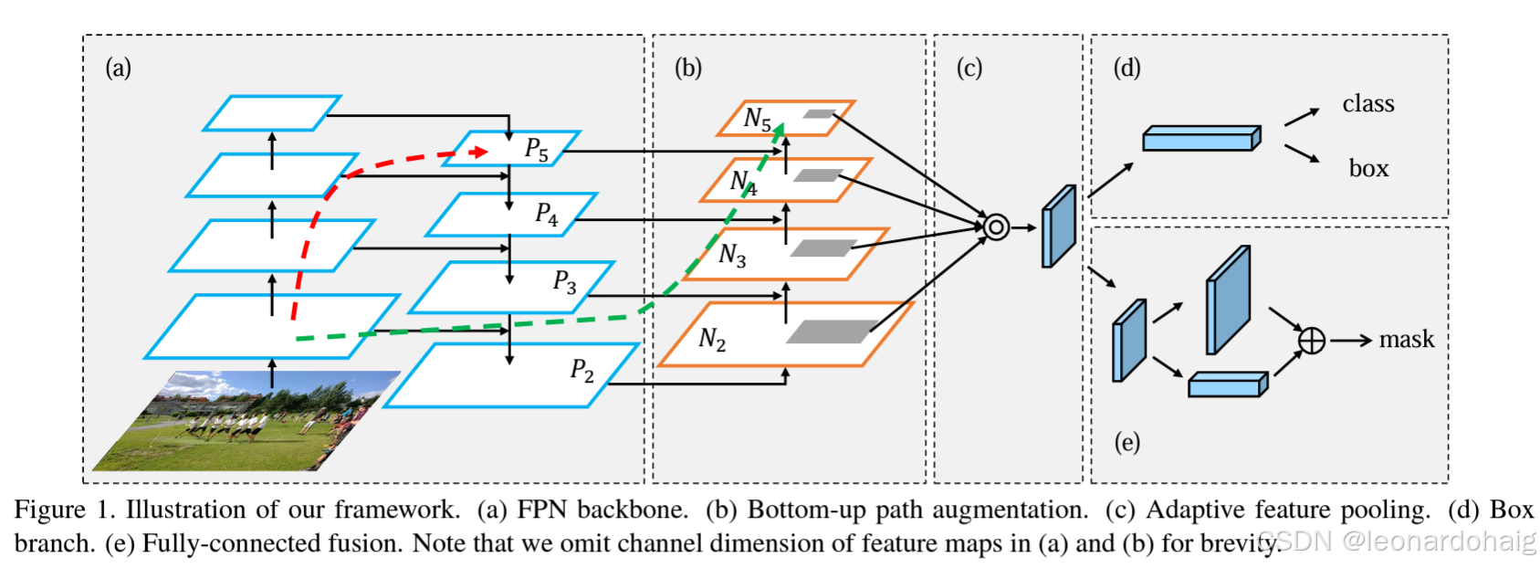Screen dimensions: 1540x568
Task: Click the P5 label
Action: [x=537, y=149]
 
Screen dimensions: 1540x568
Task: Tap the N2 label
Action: [x=712, y=339]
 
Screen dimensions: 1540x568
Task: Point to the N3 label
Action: [x=732, y=255]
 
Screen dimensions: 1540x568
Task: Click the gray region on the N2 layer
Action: [x=833, y=331]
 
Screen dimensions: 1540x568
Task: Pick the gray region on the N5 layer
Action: [x=819, y=113]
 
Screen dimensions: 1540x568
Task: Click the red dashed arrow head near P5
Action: [x=481, y=152]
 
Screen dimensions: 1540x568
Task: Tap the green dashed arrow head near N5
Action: [x=779, y=130]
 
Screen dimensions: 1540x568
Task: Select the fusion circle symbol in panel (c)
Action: [x=996, y=226]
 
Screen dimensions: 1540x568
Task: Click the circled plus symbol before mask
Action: [x=1311, y=341]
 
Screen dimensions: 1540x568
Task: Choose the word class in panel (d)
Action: [x=1368, y=103]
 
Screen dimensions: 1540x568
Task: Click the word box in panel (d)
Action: [x=1368, y=168]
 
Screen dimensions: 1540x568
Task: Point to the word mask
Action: [x=1407, y=339]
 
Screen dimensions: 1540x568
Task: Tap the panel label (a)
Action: [x=119, y=68]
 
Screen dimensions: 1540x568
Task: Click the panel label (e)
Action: [x=1126, y=442]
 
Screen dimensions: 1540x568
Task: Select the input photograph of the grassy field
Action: [x=246, y=421]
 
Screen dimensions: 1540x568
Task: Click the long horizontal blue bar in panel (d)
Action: [x=1201, y=138]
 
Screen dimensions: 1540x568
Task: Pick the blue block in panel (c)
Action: [x=1059, y=226]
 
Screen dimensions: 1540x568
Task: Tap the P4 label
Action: [x=547, y=214]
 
